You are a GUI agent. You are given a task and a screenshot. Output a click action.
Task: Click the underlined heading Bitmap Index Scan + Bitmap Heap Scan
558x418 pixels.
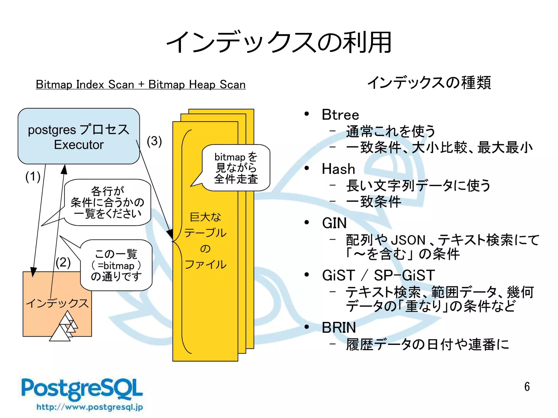[141, 84]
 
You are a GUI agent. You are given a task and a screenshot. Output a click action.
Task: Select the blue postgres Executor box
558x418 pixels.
[78, 136]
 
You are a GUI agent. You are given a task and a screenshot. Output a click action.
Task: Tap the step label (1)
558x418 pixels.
[33, 177]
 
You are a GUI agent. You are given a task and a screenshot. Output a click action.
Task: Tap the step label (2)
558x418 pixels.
[63, 262]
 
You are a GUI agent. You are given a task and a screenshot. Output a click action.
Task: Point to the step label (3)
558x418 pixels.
[154, 141]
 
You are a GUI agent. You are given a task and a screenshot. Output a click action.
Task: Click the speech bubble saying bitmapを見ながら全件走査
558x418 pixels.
[236, 168]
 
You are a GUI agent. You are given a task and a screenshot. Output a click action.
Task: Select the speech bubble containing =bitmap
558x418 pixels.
[116, 265]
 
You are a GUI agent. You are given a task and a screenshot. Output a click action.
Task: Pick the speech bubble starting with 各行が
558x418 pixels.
[107, 202]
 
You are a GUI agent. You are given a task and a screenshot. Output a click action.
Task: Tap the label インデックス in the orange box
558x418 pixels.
[57, 303]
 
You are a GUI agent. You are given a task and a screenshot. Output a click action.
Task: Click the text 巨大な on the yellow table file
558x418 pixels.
[205, 217]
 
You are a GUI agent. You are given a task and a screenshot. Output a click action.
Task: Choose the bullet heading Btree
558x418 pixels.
[340, 115]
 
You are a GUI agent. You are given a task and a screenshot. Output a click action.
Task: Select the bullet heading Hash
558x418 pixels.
[338, 169]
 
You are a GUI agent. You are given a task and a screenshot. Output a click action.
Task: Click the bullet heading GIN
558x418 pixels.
[334, 223]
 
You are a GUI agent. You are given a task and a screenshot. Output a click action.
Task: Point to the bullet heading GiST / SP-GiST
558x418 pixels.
[378, 275]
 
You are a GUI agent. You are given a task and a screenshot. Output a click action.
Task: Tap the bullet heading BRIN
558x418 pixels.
[339, 327]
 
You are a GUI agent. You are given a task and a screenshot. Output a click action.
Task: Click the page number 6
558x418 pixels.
[527, 387]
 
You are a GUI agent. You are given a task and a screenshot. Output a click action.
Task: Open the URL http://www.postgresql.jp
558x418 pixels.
[90, 407]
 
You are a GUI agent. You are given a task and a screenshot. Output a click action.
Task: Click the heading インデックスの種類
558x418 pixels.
[429, 83]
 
